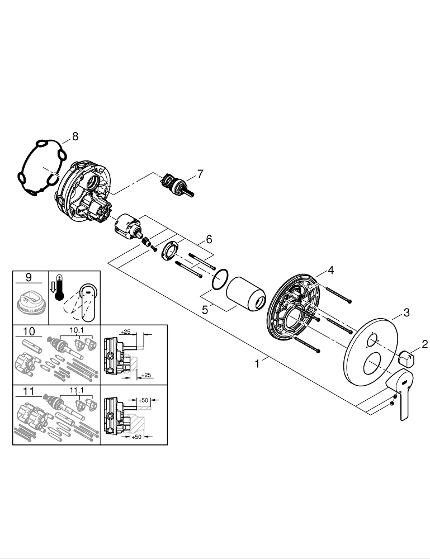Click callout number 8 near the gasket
(x=75, y=136)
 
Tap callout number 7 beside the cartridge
(x=200, y=174)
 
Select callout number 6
(x=209, y=239)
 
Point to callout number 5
(x=205, y=309)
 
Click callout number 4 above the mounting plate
(x=330, y=271)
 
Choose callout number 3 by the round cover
(x=407, y=312)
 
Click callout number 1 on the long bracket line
(x=257, y=363)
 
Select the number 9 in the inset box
(x=30, y=277)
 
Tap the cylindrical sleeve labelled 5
(x=247, y=292)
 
